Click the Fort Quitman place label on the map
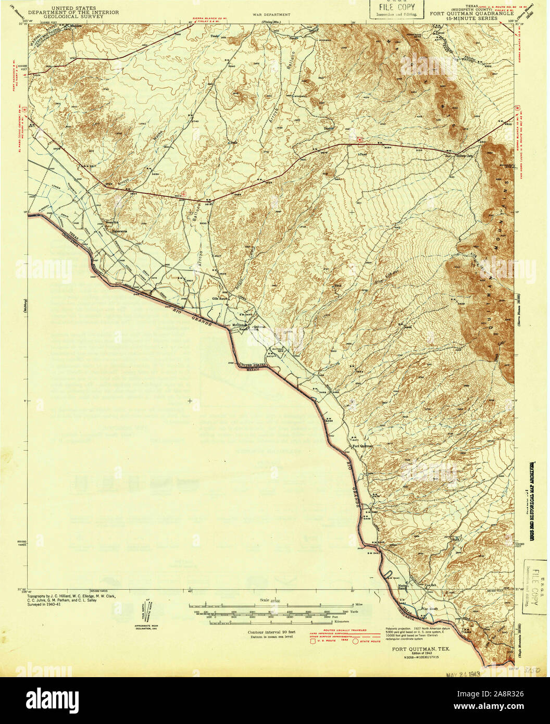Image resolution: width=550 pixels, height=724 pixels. point(363,446)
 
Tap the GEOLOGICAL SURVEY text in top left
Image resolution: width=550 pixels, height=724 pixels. point(73,16)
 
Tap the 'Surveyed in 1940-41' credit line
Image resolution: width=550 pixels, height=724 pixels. point(49,606)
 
